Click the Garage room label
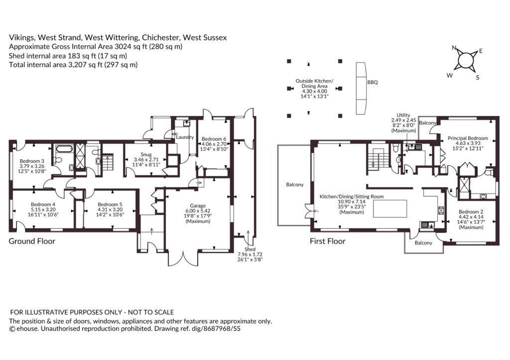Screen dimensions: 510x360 [x=198, y=206]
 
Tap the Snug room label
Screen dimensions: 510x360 [x=146, y=154]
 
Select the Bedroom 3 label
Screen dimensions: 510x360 [x=32, y=161]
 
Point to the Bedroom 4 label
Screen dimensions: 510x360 [x=43, y=205]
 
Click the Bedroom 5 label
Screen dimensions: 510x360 [x=110, y=205]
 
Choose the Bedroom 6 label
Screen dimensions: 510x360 [x=214, y=139]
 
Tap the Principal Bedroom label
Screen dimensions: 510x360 [x=468, y=138]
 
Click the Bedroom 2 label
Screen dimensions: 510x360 [x=471, y=212]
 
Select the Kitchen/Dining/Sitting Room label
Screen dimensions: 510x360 [x=352, y=196]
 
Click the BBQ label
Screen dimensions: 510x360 [x=373, y=82]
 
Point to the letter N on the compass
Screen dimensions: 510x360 [x=454, y=48]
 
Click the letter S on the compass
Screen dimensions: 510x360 [x=478, y=77]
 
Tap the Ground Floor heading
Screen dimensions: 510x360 [x=32, y=241]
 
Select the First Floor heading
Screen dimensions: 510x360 [x=328, y=241]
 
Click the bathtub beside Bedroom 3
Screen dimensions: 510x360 [x=64, y=149]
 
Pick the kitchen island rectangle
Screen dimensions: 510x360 [x=389, y=209]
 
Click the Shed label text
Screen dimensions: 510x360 [x=250, y=249]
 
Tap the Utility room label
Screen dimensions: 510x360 [x=403, y=115]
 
